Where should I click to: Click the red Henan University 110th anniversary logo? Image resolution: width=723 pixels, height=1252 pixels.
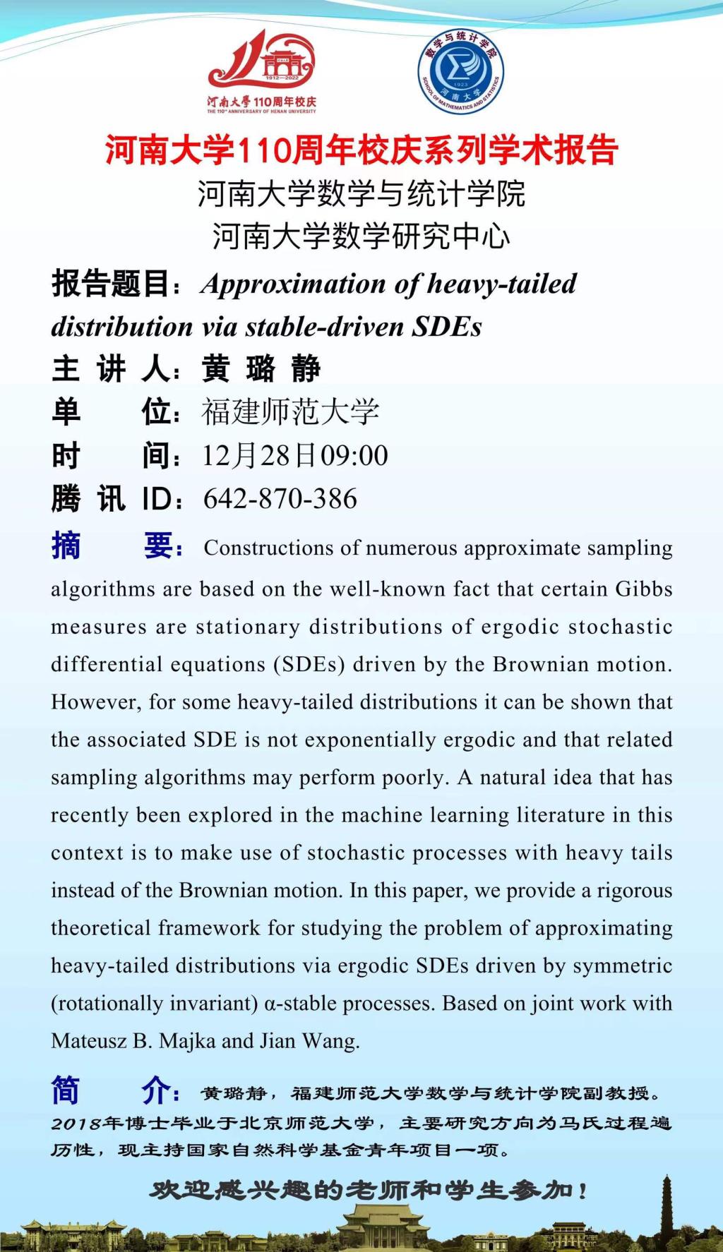tap(262, 71)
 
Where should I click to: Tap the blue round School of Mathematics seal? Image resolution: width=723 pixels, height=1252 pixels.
tap(460, 71)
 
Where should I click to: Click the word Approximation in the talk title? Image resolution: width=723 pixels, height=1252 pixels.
tap(294, 284)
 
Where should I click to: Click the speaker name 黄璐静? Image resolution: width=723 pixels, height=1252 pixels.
tap(261, 369)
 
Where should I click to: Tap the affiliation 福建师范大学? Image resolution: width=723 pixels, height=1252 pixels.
tap(290, 412)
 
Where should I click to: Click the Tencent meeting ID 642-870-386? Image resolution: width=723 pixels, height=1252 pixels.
tap(280, 499)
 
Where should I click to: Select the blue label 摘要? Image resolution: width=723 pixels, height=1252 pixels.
tap(116, 546)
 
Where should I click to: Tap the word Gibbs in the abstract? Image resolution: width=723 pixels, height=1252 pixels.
tap(643, 589)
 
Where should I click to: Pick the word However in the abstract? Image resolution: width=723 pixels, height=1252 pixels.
tap(89, 702)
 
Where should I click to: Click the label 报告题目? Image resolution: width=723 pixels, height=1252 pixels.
tap(110, 284)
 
